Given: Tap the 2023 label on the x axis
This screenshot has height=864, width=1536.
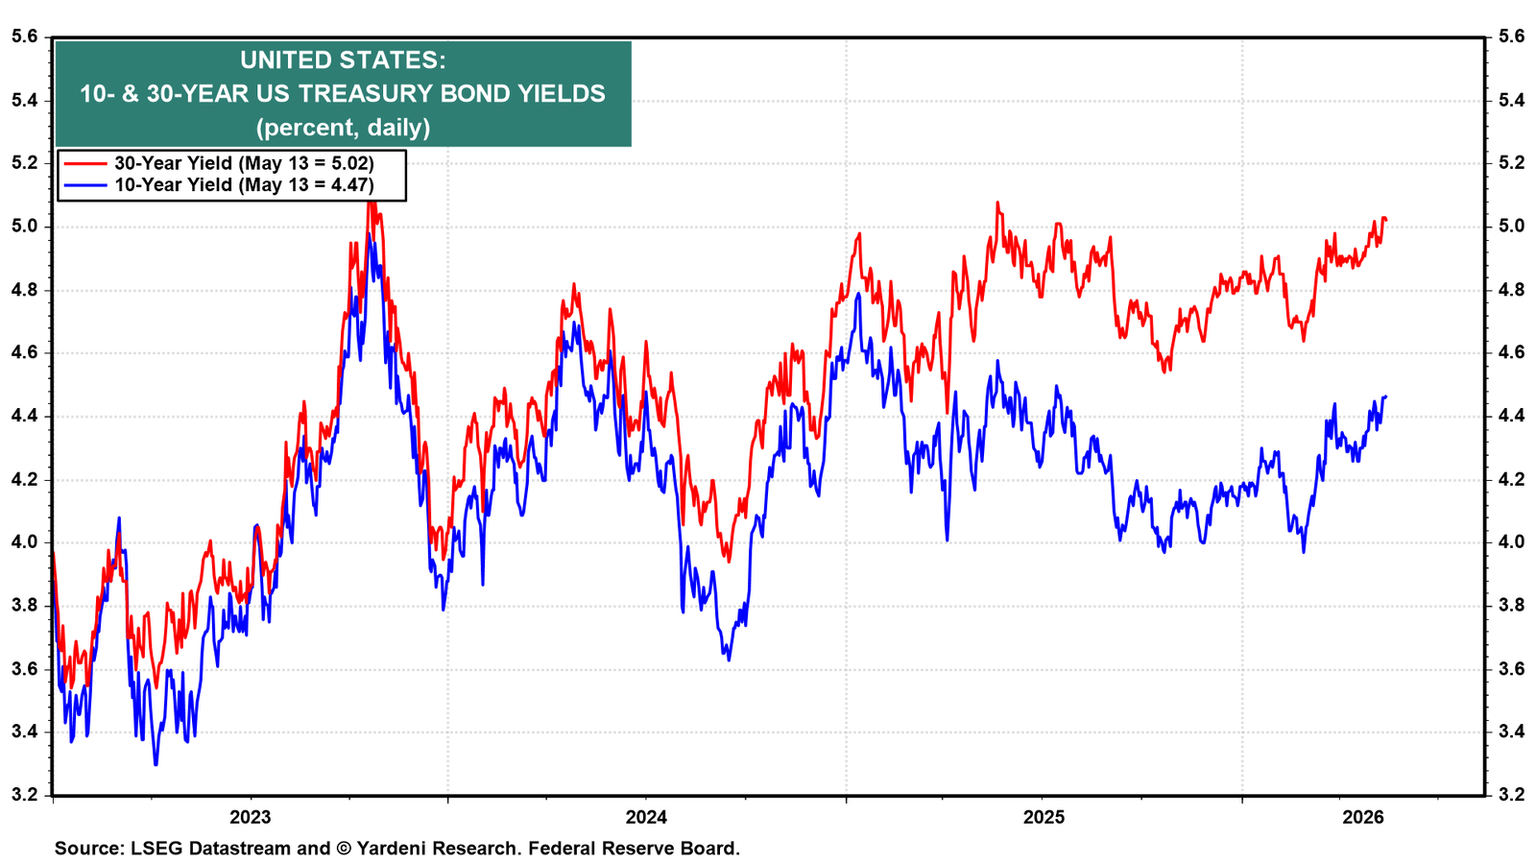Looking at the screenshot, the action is [251, 817].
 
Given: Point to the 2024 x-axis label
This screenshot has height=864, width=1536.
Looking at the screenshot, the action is [646, 817].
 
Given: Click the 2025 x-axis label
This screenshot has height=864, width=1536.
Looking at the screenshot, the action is [1044, 817].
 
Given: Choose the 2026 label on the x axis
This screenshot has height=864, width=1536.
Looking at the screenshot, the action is [1363, 817].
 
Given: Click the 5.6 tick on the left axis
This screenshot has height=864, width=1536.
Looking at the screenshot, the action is [24, 37].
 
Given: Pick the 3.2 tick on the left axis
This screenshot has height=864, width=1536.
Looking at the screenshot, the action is [24, 796].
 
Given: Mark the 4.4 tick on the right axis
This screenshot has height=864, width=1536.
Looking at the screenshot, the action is [1511, 417].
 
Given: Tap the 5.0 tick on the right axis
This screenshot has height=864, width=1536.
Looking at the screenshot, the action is [1511, 227].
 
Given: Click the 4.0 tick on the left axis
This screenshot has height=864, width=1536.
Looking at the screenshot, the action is [24, 542].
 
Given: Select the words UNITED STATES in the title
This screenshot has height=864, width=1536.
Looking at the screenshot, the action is [342, 60].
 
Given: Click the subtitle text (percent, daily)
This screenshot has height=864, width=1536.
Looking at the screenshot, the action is [343, 128].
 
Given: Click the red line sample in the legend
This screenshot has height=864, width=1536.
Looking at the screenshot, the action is [85, 163].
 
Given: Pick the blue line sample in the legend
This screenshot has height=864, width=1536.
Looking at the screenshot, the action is [85, 185].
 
